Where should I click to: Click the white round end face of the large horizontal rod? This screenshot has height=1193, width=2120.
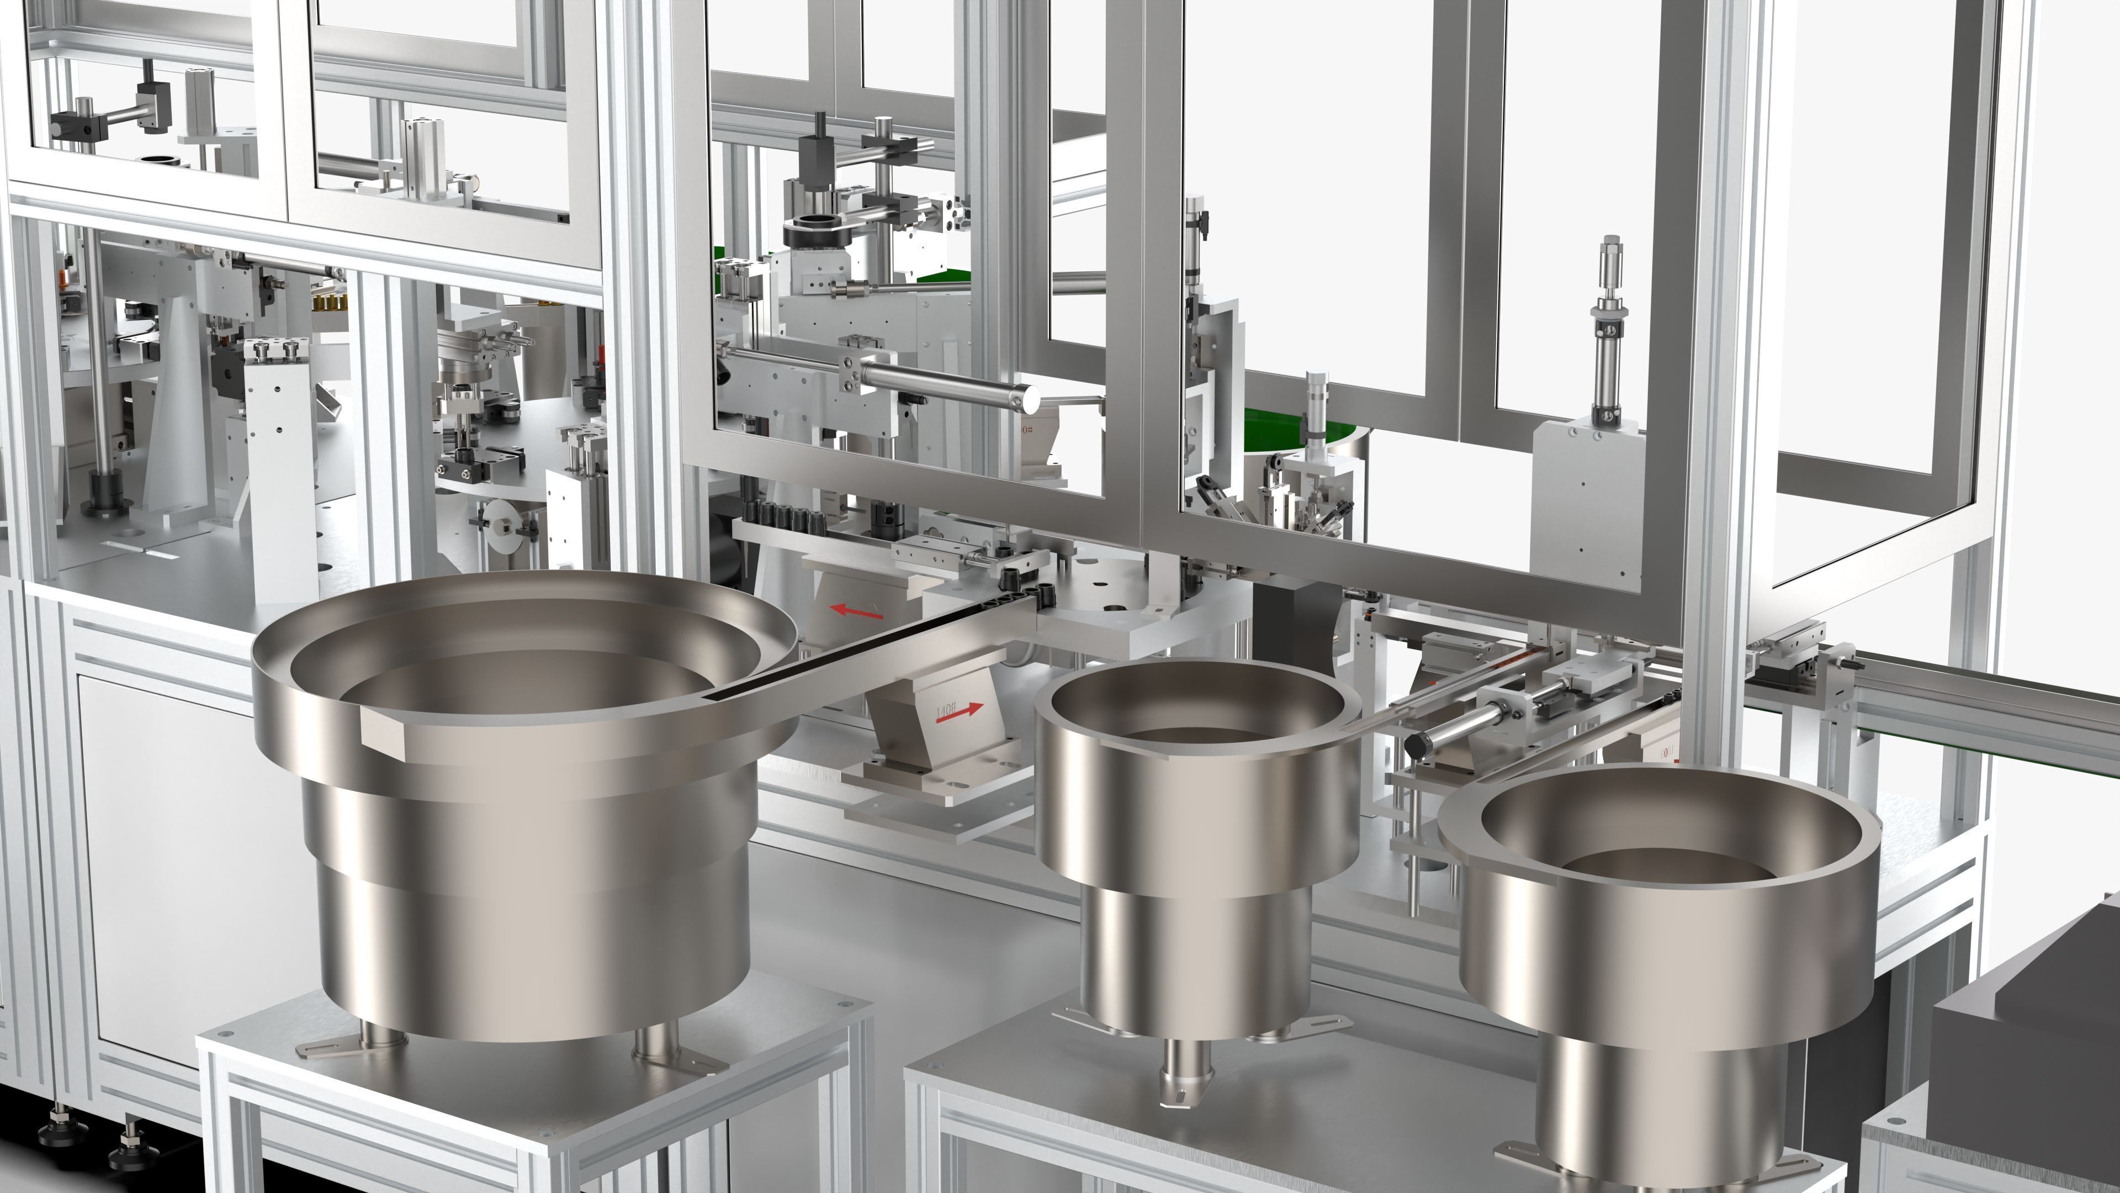tap(1029, 401)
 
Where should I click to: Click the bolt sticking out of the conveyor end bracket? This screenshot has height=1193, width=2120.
tap(1852, 662)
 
